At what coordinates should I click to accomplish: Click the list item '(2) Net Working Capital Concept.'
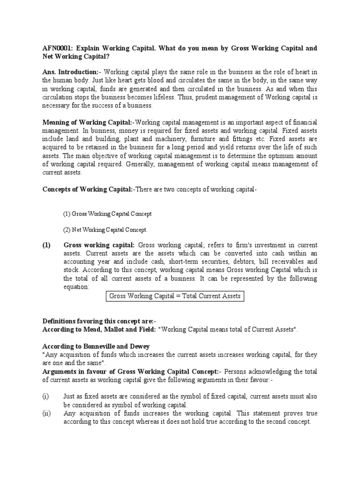pyautogui.click(x=105, y=230)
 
